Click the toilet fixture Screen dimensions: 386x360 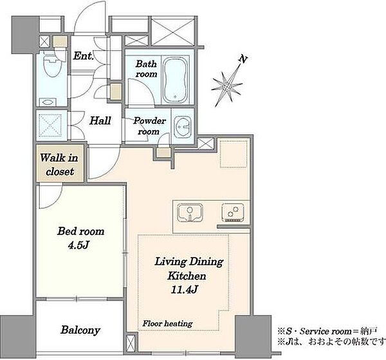(x=52, y=64)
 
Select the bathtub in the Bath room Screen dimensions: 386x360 (x=176, y=80)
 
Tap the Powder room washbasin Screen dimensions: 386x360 (x=183, y=127)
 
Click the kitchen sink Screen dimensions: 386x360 (x=190, y=213)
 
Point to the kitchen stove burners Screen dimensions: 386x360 (x=233, y=213)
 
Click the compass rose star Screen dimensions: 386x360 (x=227, y=86)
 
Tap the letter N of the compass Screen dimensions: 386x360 (x=243, y=59)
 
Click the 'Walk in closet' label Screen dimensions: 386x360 (x=59, y=164)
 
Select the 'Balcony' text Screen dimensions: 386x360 (x=80, y=330)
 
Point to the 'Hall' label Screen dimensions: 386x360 (x=100, y=120)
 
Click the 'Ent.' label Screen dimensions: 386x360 (x=84, y=56)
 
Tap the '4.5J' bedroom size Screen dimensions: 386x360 (x=78, y=245)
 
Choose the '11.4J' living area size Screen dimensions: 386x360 (x=184, y=290)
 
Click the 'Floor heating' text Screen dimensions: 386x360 (x=167, y=323)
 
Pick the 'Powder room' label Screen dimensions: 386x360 (x=149, y=126)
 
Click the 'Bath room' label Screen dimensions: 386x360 (x=146, y=69)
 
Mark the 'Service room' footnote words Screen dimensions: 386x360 (x=326, y=332)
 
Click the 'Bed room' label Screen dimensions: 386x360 (x=81, y=231)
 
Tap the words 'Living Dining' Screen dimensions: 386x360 (x=189, y=261)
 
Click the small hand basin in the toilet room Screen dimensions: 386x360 (x=48, y=102)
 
